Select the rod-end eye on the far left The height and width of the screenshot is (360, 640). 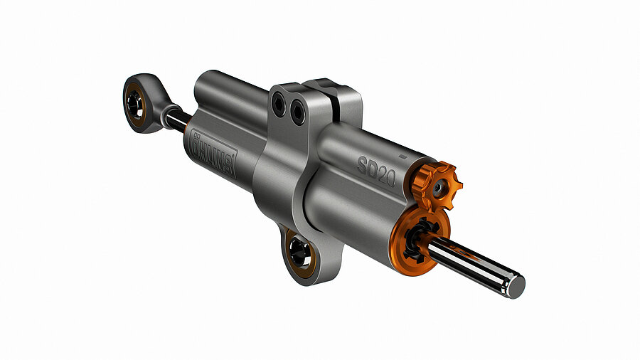coord(140,105)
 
